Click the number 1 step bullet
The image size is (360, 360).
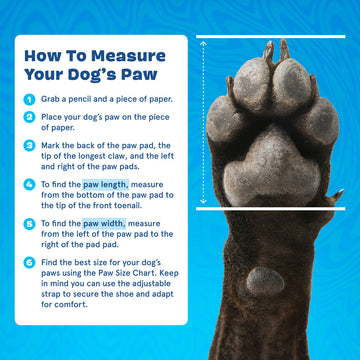(29, 99)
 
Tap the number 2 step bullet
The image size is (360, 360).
(29, 117)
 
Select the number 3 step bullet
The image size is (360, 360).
(29, 146)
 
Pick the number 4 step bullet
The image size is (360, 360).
(29, 185)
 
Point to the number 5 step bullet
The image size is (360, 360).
(29, 224)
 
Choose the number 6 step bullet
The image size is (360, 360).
(29, 263)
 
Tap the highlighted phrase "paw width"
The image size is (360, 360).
(104, 223)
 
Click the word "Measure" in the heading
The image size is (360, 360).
(128, 56)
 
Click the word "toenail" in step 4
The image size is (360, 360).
(130, 206)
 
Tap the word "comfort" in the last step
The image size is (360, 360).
(71, 305)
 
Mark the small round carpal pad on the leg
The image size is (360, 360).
(265, 282)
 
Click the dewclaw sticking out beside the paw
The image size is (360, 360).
(336, 195)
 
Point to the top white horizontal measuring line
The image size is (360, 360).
(271, 37)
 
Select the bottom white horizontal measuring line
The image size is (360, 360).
(271, 209)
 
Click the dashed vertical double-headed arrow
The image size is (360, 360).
(204, 123)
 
